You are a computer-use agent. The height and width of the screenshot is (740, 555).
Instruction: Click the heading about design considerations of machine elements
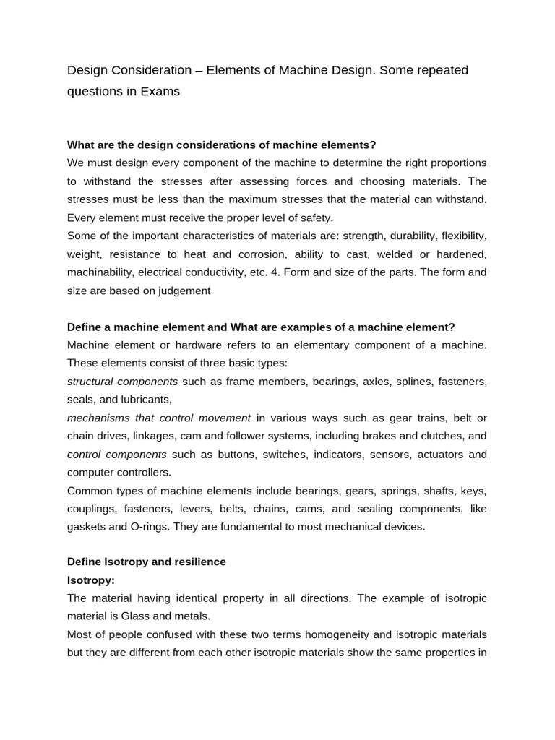[222, 145]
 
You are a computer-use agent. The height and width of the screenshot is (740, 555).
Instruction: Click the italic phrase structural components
[122, 381]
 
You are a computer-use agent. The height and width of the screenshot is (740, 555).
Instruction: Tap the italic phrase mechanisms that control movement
[159, 418]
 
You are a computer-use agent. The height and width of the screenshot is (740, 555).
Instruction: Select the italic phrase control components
[117, 454]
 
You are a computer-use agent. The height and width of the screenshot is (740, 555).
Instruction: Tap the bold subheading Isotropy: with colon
[91, 580]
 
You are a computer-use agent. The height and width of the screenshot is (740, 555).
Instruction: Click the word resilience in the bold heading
[199, 562]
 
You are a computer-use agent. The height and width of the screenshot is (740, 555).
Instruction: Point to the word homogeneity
[335, 634]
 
